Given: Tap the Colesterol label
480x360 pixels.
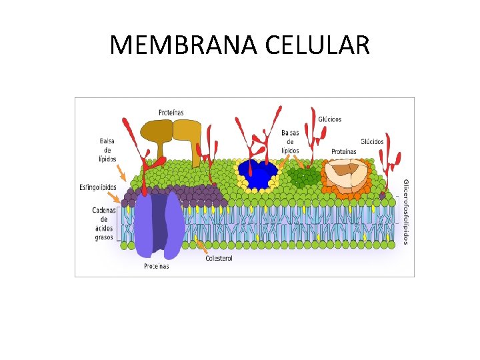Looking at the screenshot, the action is coord(219,259).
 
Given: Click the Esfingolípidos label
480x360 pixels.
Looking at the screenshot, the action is coord(99,187).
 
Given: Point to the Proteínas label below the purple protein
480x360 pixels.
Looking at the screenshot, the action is coord(157,266).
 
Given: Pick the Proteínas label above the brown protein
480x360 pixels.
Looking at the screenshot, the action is coord(171,113).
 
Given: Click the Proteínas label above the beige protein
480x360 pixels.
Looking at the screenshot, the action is coord(343,151).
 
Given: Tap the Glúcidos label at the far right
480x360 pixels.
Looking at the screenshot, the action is coord(372,141).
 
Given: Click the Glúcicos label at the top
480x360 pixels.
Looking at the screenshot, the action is coord(330,119).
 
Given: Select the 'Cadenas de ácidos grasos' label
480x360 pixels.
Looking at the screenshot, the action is coord(103,223).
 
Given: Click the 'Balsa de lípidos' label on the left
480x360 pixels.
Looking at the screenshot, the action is coord(107,150).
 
